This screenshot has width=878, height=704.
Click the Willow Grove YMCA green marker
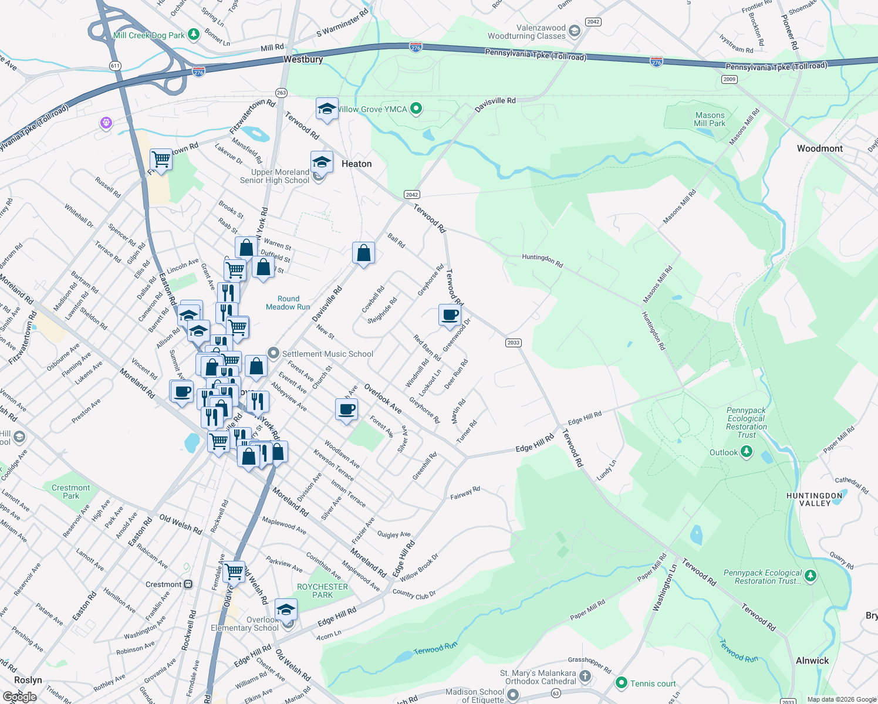coord(416,109)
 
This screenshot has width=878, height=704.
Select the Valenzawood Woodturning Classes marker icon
coord(575,31)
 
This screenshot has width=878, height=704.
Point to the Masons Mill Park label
coord(710,120)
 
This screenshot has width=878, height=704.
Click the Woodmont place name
coord(819,149)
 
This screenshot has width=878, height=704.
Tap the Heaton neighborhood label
coord(356,164)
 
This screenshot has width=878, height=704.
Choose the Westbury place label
coord(303,60)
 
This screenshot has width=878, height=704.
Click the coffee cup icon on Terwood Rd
coord(450,315)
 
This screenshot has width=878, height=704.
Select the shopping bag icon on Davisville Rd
coord(363,253)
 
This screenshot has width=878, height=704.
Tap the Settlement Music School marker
coord(273,353)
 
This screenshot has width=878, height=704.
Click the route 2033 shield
coord(513,343)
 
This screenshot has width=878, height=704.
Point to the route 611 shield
coord(115,66)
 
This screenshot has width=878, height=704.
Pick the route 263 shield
coord(281,93)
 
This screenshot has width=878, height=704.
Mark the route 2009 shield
coord(729,79)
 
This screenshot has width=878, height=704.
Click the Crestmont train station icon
coord(188,584)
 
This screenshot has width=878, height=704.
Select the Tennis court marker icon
coord(621,683)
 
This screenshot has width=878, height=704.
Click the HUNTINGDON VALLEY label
coord(815,500)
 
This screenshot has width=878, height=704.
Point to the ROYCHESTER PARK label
coord(322,591)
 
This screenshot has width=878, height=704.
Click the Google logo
coord(19,697)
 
